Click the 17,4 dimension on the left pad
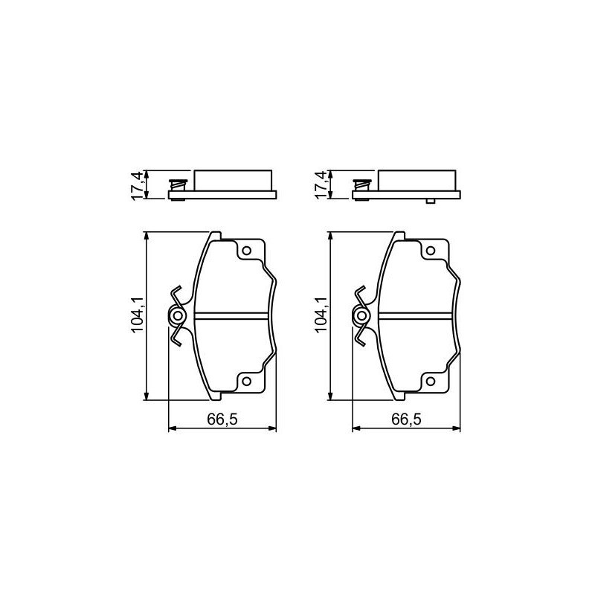tap(136, 185)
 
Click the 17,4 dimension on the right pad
tap(321, 185)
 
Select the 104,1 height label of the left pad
tap(138, 315)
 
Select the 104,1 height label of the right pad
tap(321, 315)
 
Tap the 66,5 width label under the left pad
tap(222, 419)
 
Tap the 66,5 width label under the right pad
tap(406, 419)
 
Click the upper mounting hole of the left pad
tap(247, 251)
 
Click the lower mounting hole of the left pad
tap(247, 382)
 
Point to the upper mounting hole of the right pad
tap(431, 251)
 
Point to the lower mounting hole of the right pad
tap(431, 382)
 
